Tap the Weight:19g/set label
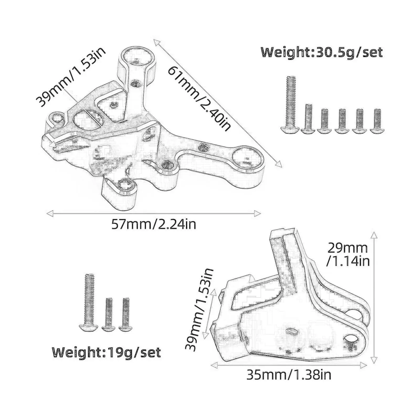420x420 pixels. (106, 352)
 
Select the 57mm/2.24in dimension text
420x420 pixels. (154, 225)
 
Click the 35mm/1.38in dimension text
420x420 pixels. (289, 375)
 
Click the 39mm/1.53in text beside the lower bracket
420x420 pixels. (199, 310)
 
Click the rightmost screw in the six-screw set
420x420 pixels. (377, 121)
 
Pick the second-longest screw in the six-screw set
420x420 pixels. (308, 119)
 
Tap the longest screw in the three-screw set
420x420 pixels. (89, 302)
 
